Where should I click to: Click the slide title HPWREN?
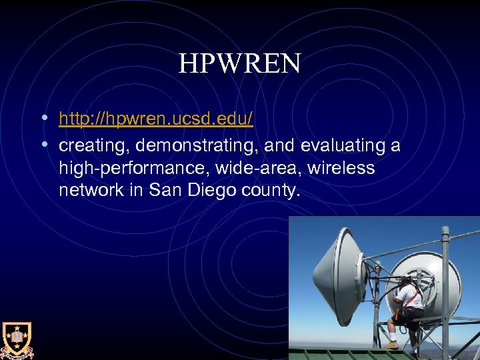[x=239, y=64]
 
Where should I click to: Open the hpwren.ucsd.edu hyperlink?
[x=155, y=119]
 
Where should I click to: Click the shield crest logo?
[x=16, y=339]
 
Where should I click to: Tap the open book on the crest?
[x=16, y=337]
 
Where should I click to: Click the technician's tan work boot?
[x=392, y=344]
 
